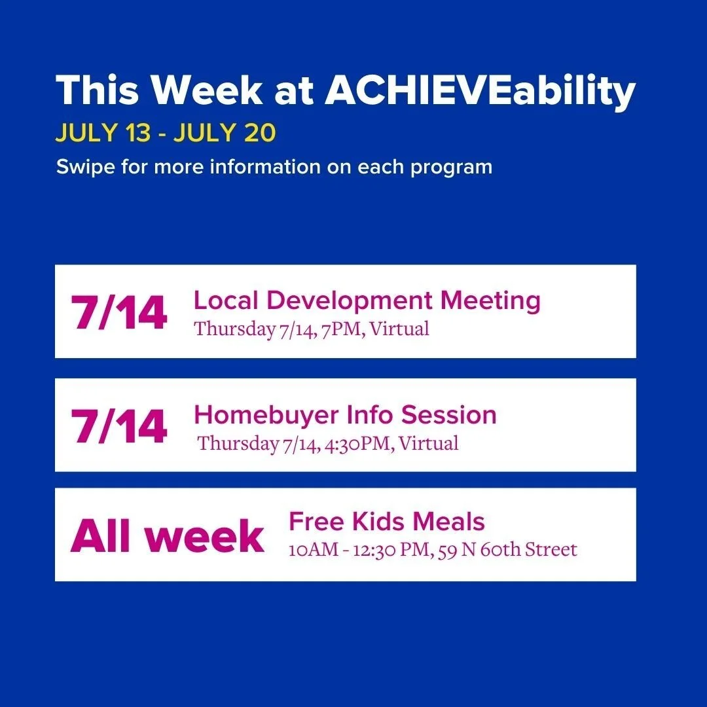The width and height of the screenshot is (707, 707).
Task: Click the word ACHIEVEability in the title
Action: click(x=480, y=91)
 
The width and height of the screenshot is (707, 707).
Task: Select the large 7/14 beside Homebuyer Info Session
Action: click(x=119, y=427)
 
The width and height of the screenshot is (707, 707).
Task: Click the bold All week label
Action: click(x=168, y=537)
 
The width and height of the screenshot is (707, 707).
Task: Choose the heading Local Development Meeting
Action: click(x=367, y=301)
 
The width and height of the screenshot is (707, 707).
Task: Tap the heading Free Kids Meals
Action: click(x=387, y=522)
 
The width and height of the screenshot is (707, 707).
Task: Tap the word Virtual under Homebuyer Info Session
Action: click(x=428, y=443)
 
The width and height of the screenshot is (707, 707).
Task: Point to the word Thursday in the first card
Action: click(x=234, y=329)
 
